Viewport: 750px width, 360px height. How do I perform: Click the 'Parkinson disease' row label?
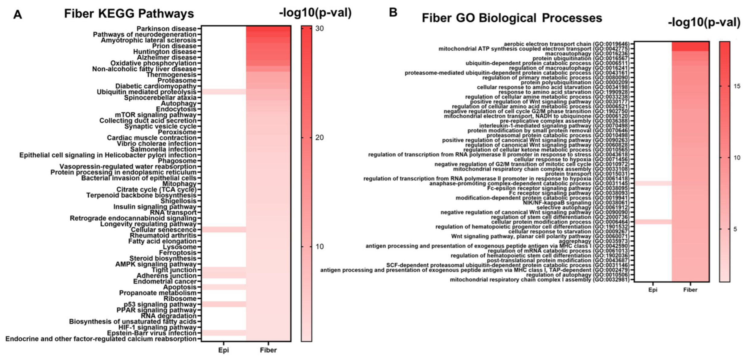coord(166,29)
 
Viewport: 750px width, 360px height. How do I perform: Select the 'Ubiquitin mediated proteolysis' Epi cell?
coord(224,92)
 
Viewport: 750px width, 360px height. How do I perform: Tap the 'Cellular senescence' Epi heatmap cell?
coord(224,230)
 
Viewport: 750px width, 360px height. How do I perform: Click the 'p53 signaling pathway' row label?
coord(160,304)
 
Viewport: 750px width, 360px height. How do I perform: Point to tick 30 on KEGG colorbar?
coord(319,28)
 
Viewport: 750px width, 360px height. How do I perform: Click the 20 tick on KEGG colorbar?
coord(319,138)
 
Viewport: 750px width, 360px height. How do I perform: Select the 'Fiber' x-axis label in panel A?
coord(268,350)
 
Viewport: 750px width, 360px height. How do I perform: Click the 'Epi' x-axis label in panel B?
coord(653,290)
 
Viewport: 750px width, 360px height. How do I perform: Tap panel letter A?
coord(18,15)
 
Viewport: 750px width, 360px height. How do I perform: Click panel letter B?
coord(393,12)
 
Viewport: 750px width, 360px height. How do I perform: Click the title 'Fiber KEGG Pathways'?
coord(129,14)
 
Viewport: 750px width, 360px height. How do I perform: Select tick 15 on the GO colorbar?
coord(737,86)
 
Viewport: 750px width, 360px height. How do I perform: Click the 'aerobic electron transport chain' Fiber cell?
coord(690,44)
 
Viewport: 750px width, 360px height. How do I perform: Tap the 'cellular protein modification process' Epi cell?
coord(653,222)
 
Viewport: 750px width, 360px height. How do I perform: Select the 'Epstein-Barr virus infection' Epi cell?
coord(224,333)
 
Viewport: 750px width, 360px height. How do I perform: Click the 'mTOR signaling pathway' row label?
coord(155,115)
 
